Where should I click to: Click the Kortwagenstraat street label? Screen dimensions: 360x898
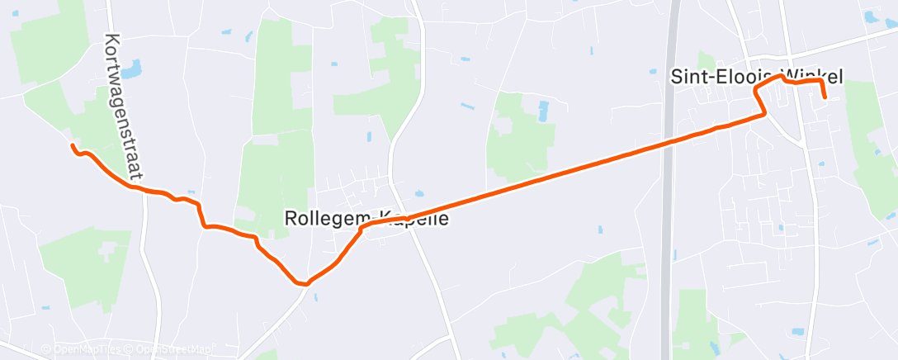(123, 107)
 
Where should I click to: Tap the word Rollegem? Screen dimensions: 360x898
(319, 219)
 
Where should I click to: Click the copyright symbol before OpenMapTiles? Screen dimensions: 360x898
(46, 350)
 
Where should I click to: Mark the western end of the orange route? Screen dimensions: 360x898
(73, 146)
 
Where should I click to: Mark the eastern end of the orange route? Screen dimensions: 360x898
(825, 97)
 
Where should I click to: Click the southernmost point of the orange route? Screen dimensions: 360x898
(304, 284)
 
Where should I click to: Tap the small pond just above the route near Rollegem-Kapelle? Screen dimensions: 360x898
(419, 194)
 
